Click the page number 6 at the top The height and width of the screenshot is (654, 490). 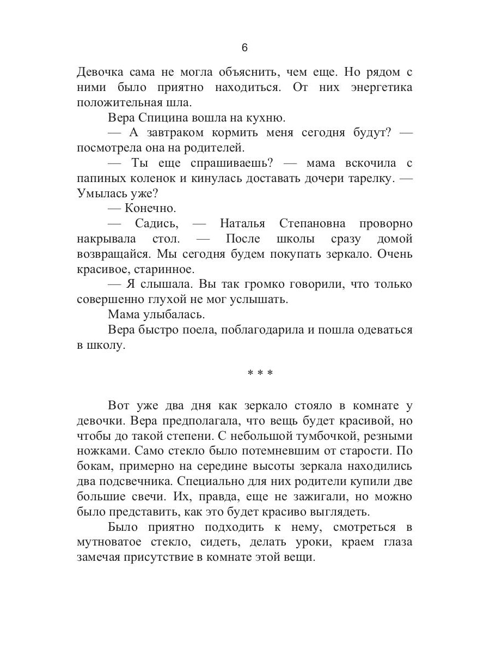[244, 48]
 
